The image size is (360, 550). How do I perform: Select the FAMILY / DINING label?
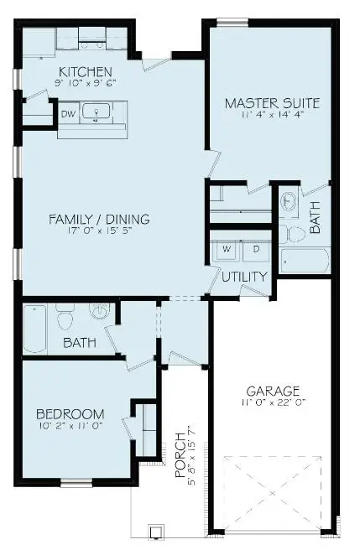(99, 220)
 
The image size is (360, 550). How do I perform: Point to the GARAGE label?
(272, 391)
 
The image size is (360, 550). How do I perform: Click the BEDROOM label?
(70, 413)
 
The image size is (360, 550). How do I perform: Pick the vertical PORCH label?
(180, 456)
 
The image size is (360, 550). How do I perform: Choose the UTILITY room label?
(245, 276)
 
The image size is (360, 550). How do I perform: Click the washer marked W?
(227, 249)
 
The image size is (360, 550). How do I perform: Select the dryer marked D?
(256, 249)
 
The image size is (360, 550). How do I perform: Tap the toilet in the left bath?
(66, 316)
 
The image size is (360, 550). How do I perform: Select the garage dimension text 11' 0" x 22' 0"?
(272, 403)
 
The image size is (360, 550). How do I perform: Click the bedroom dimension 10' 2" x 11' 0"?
(70, 427)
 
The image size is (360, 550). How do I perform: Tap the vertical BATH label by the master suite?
(316, 219)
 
